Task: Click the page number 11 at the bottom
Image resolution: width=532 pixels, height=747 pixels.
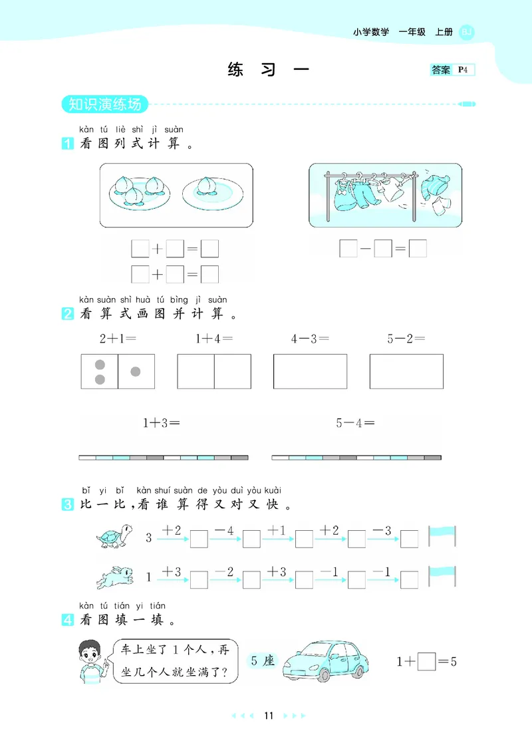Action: [269, 716]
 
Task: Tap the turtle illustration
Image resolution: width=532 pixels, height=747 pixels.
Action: [114, 536]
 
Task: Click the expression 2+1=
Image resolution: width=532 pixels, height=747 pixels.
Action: [118, 339]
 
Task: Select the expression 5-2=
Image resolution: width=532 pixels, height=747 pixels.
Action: [406, 339]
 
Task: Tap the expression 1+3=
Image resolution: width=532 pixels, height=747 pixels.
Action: [162, 422]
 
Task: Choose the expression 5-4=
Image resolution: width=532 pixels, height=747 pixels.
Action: [356, 422]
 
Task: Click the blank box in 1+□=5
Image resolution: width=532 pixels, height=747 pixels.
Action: [426, 661]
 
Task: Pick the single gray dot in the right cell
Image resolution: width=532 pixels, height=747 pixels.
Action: [136, 371]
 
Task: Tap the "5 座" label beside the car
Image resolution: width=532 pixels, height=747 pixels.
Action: [260, 661]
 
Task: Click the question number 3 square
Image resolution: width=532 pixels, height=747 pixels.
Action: [67, 505]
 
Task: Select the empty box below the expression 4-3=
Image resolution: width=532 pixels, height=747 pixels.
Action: [310, 371]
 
